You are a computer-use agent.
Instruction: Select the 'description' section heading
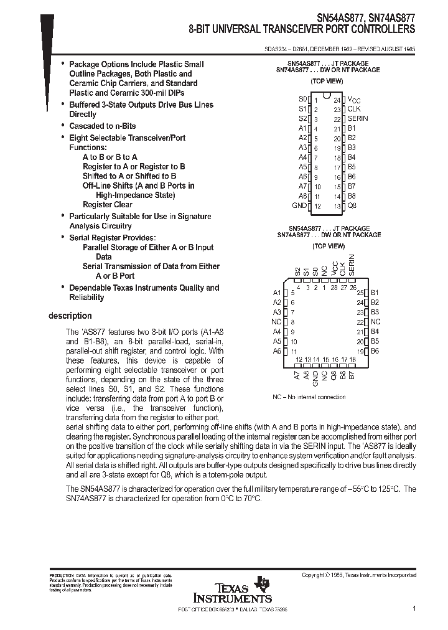tap(70, 316)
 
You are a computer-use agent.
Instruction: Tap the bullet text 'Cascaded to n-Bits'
tap(102, 126)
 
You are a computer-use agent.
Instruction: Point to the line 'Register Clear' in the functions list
tap(107, 204)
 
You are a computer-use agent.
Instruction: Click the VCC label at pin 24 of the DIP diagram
tap(353, 100)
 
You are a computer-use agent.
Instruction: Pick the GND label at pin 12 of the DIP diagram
tap(299, 205)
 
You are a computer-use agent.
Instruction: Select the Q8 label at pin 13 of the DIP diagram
tap(352, 205)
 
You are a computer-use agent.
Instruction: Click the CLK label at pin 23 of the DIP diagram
tap(354, 109)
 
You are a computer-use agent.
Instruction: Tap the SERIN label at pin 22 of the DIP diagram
tap(358, 118)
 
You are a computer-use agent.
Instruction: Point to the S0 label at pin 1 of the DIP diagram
tap(302, 99)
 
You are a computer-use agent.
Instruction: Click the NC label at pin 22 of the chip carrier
tap(375, 322)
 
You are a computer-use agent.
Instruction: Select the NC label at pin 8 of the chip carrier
tap(276, 322)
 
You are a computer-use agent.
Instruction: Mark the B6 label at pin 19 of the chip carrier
tap(375, 351)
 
